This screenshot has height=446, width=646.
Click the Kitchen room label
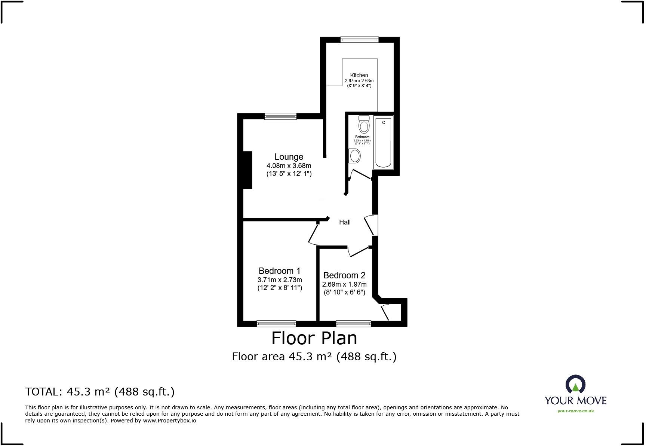click(x=359, y=75)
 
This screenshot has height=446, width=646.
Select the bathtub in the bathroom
click(x=383, y=142)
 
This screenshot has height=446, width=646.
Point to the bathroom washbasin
click(x=354, y=156)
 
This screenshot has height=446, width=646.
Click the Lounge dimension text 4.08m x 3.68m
click(x=289, y=165)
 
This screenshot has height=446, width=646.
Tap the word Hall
click(x=345, y=222)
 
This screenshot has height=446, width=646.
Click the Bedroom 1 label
click(x=279, y=271)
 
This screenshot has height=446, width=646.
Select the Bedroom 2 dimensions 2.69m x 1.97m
click(x=344, y=284)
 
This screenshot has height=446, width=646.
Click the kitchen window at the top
click(x=359, y=39)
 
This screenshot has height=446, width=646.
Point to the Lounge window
click(x=280, y=116)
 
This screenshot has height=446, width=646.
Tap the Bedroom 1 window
click(x=276, y=324)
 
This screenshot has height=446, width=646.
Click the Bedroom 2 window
click(x=353, y=324)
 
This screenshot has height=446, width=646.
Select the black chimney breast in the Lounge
click(x=247, y=170)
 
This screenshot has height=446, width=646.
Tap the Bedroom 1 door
click(x=313, y=234)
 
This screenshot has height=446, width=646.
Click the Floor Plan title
click(x=314, y=338)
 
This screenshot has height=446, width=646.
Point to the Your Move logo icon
click(x=575, y=385)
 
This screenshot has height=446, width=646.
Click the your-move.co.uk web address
click(x=575, y=411)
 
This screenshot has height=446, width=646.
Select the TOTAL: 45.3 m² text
click(x=100, y=392)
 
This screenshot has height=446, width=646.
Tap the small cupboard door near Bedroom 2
click(x=385, y=313)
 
